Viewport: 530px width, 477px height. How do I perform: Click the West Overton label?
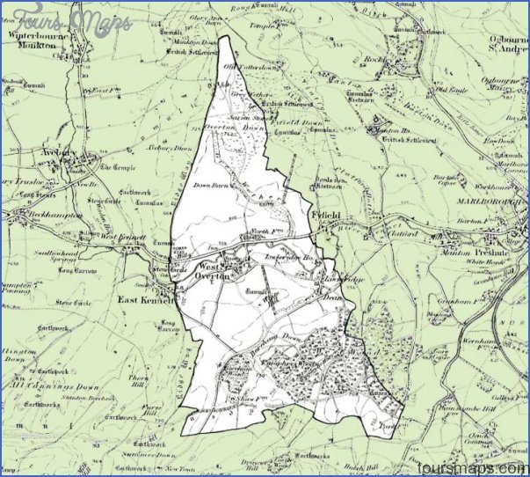212,269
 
